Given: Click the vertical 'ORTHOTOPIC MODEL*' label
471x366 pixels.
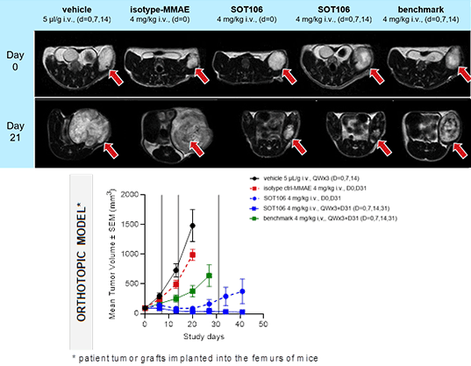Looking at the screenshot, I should click(x=85, y=262).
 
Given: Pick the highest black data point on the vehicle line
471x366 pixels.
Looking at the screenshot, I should click(x=192, y=226).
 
